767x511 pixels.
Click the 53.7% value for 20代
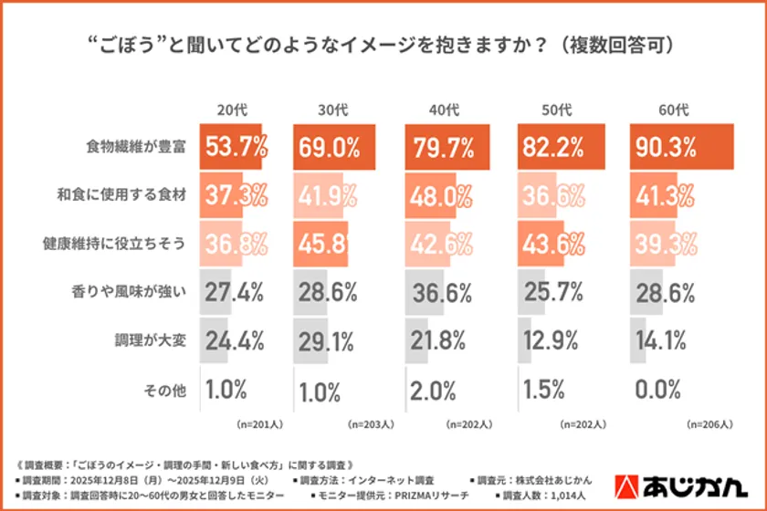[x=235, y=146]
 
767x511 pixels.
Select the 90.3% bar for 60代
[x=682, y=146]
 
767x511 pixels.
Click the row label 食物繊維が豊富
[x=136, y=147]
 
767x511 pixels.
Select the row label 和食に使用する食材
[x=128, y=195]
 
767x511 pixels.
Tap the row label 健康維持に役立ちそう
[x=121, y=244]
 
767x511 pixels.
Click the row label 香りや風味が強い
[x=128, y=292]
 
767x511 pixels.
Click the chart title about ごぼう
[x=383, y=45]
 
